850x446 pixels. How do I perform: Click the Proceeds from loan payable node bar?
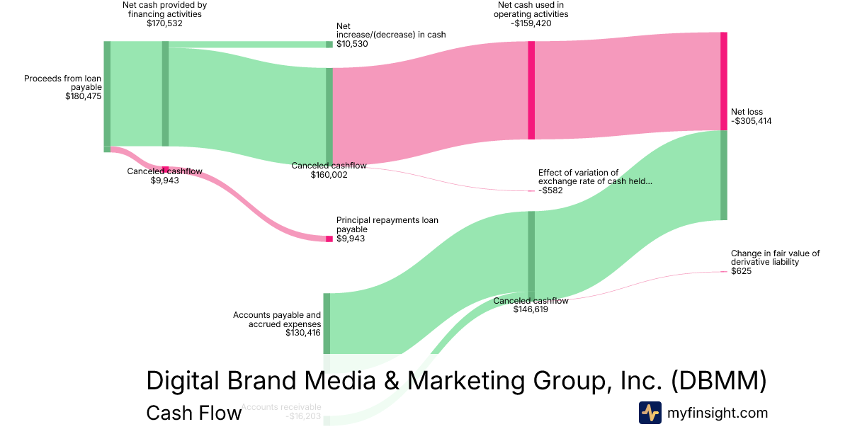(107, 93)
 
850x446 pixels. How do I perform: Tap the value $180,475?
(83, 96)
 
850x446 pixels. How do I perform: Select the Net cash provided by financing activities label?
(164, 9)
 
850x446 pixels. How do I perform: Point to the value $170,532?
(164, 23)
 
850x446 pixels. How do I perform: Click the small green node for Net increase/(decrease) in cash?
(329, 44)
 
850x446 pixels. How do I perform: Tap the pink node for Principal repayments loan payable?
(329, 239)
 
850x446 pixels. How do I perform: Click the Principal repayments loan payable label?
(387, 224)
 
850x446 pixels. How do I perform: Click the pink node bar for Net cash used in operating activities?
(531, 91)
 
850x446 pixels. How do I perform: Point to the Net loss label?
(747, 112)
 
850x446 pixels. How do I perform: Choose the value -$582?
(550, 190)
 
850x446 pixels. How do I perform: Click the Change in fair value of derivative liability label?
(775, 258)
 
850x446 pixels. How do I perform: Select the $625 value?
(741, 271)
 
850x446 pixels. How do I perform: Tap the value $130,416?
(303, 333)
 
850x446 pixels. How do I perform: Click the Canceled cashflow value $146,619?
(531, 309)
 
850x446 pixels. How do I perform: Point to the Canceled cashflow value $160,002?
(329, 174)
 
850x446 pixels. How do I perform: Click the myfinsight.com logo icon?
(650, 413)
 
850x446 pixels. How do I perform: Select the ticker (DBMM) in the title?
(719, 381)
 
